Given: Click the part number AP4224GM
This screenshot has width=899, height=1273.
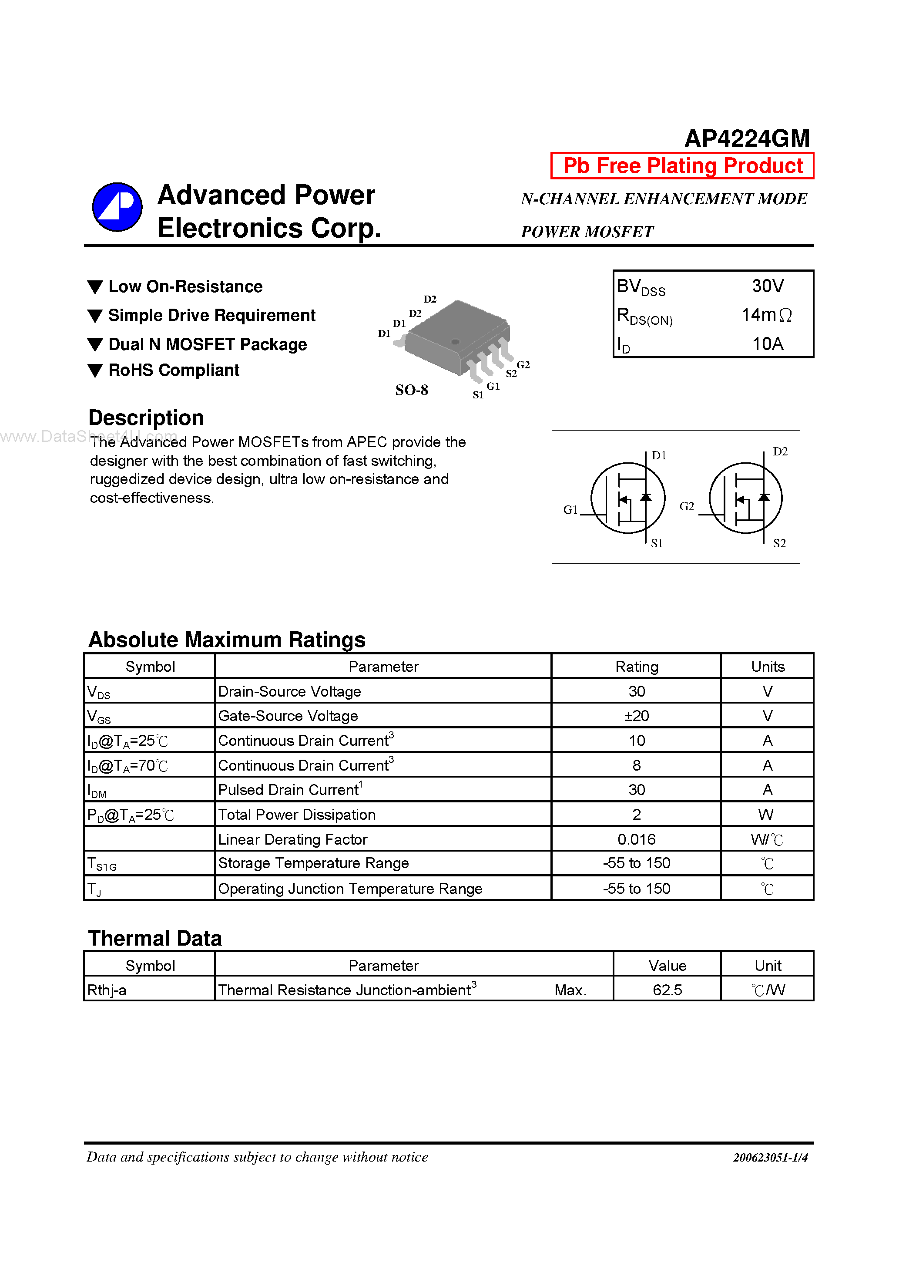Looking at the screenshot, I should click(747, 138).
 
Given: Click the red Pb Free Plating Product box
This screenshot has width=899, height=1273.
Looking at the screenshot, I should click(682, 166).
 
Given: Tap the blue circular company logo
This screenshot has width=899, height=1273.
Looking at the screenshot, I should click(117, 207).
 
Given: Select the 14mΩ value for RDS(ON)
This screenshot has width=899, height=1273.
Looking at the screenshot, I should click(767, 315).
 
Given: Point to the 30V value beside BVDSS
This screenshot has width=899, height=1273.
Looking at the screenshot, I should click(767, 286).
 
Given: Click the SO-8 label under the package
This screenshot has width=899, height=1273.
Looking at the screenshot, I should click(411, 391).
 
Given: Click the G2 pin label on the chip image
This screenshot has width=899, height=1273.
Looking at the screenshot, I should click(523, 365).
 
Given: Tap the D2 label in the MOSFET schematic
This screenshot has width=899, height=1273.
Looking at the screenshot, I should click(780, 452).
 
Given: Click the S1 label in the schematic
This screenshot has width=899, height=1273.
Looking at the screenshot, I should click(657, 544).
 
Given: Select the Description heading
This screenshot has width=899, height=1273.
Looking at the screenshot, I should click(146, 418).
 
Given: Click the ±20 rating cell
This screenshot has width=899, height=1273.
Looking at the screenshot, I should click(636, 716).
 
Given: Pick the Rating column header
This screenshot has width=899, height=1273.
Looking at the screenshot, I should click(636, 667).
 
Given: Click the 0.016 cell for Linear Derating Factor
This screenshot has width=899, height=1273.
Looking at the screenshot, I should click(636, 839).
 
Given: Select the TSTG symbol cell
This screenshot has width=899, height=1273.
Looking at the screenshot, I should click(102, 864).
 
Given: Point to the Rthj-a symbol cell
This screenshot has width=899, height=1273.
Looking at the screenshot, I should click(107, 990).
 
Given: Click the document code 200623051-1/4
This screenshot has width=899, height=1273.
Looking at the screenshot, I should click(770, 1158).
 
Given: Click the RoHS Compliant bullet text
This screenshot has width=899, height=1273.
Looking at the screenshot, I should click(174, 370).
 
